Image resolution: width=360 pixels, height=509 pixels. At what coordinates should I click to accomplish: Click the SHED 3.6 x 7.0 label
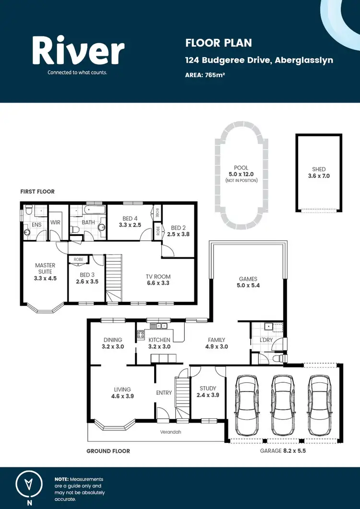[x=319, y=173]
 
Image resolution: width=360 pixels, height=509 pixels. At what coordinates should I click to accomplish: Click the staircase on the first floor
[x=114, y=276]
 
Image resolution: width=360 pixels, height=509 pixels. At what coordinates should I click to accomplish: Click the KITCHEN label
[x=159, y=340]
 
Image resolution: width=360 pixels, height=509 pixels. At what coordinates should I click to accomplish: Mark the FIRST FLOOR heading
[x=37, y=191]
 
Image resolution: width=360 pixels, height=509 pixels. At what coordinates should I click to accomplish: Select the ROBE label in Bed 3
[x=78, y=259]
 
